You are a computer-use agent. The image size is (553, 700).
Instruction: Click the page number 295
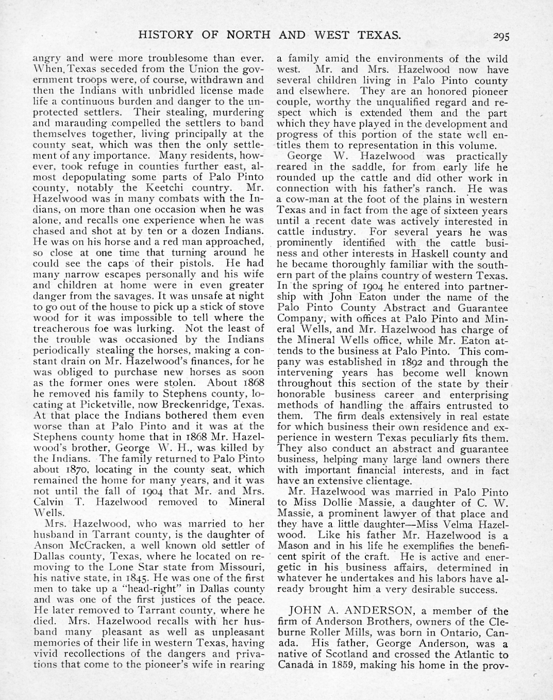[500, 36]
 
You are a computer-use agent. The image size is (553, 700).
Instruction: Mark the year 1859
[350, 665]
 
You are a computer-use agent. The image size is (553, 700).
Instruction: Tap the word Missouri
[243, 556]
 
